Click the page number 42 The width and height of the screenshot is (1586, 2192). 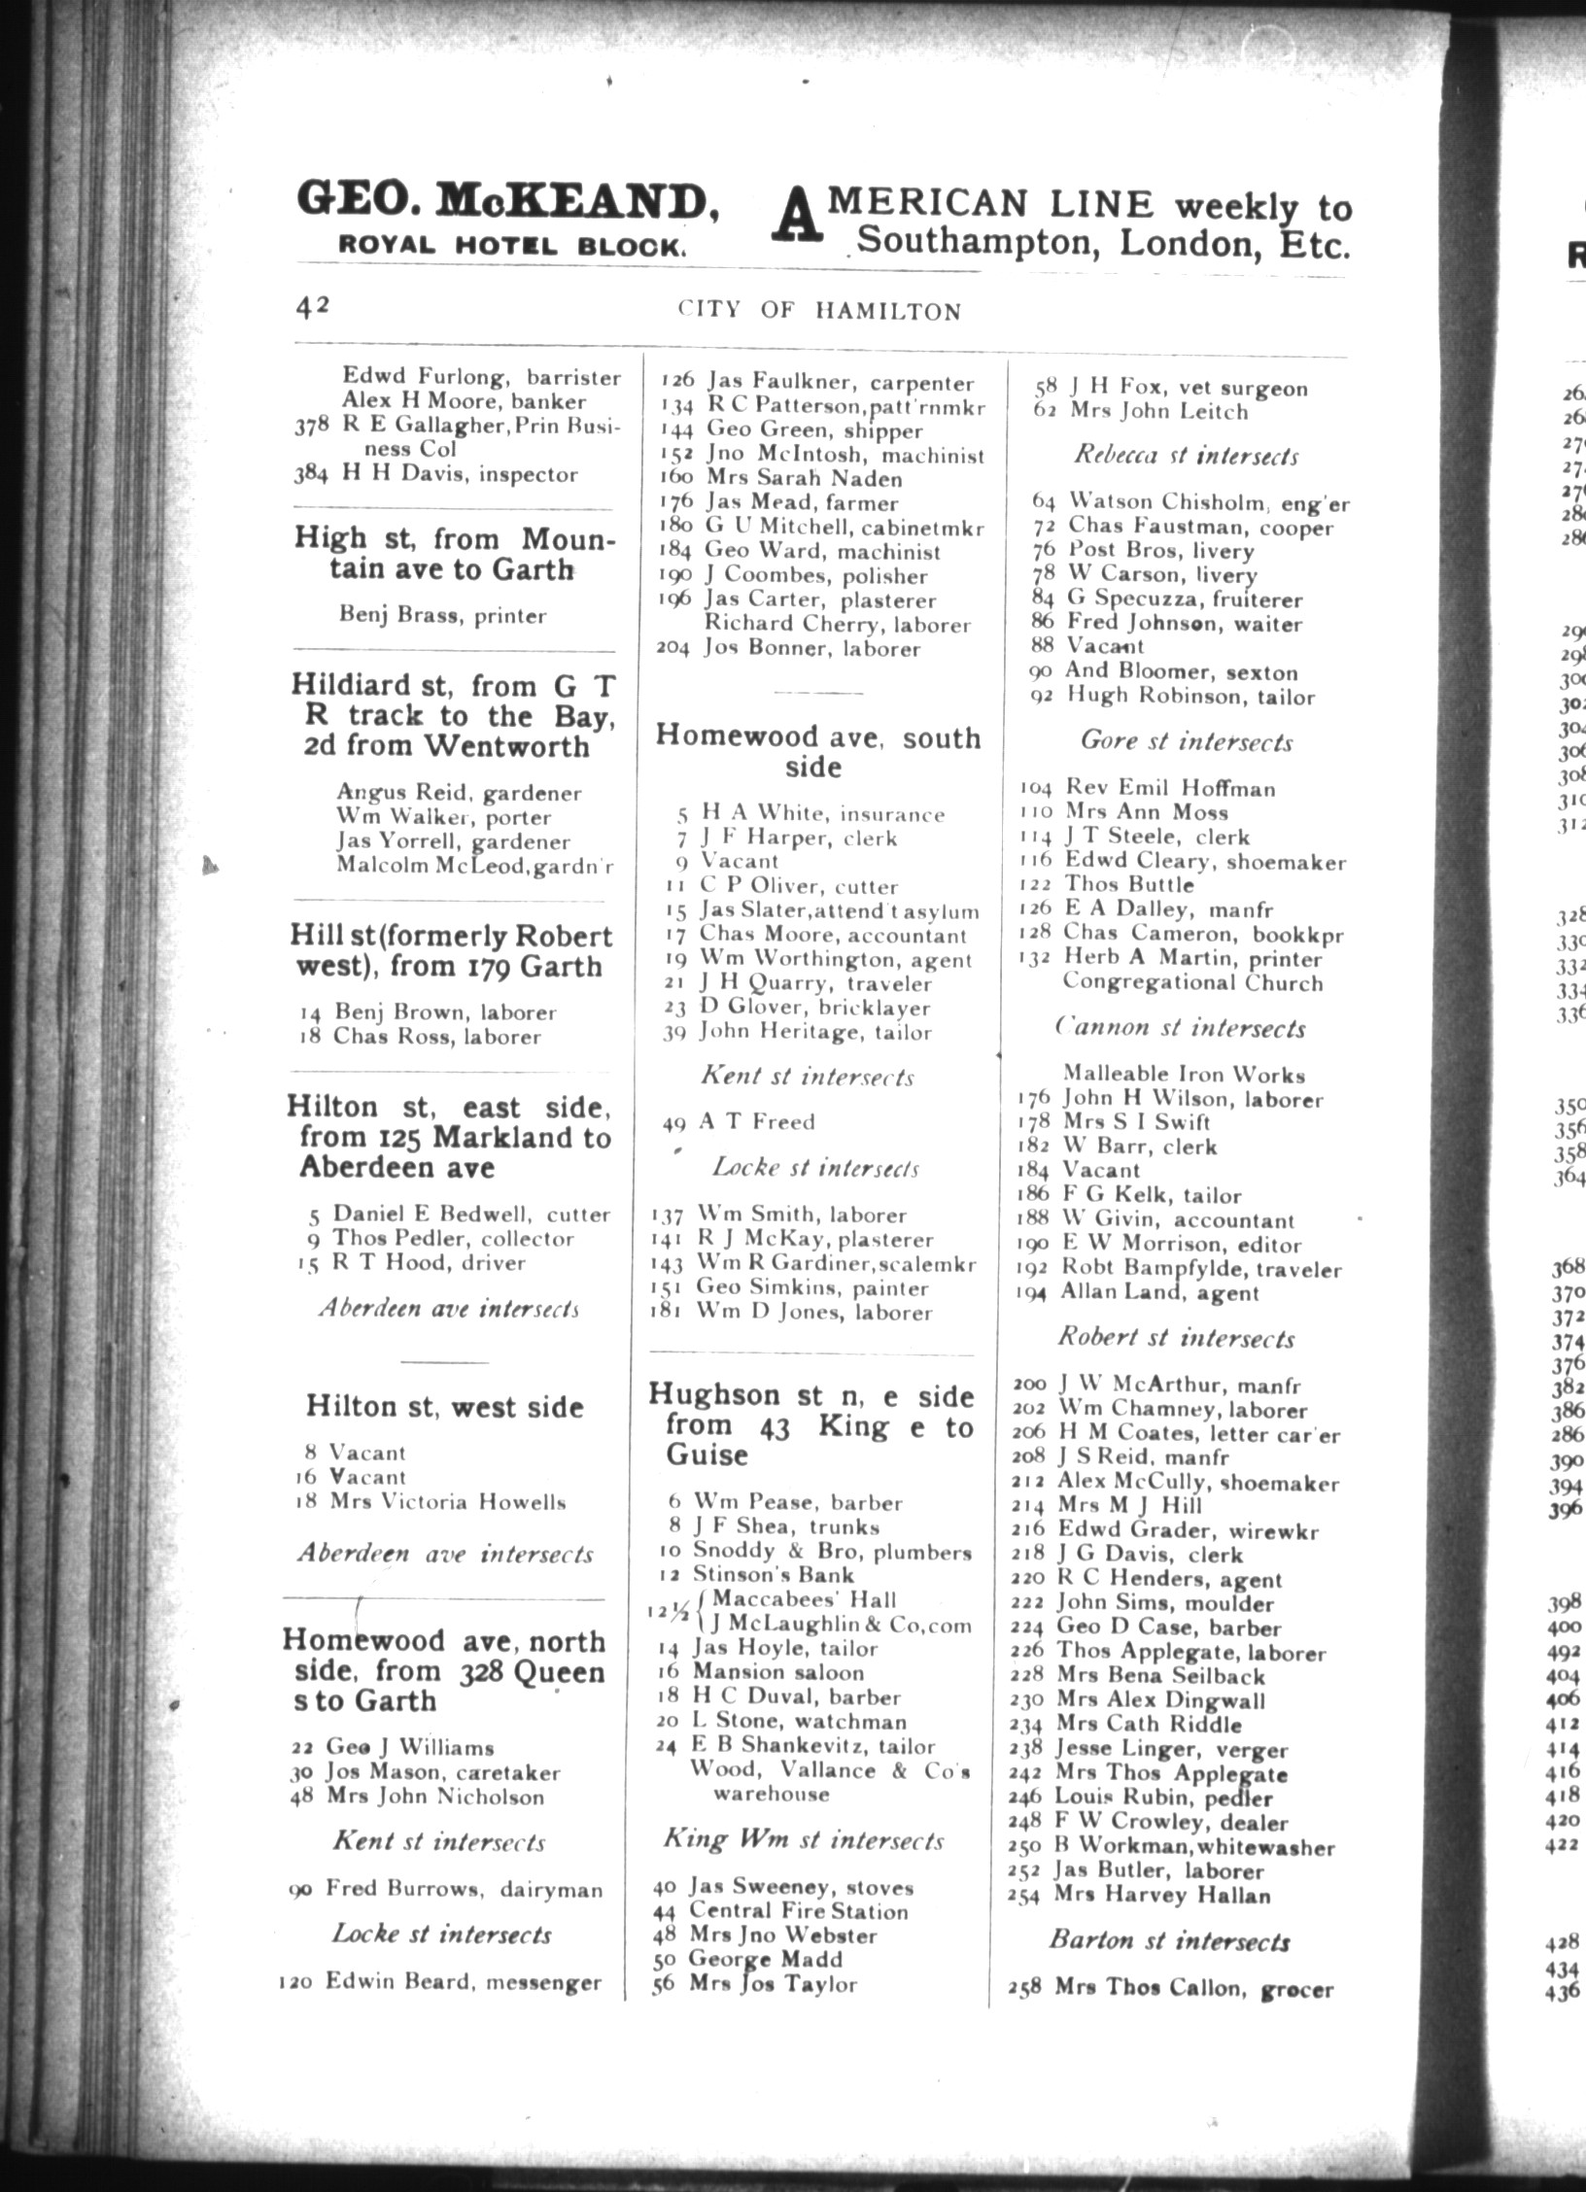click(x=314, y=305)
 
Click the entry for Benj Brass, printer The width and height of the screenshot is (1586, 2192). click(x=442, y=615)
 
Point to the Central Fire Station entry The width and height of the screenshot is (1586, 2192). click(x=798, y=1911)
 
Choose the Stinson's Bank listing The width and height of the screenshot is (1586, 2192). click(x=773, y=1574)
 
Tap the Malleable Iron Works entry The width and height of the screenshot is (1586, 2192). click(x=1183, y=1075)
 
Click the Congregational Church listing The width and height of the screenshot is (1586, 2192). click(x=1192, y=982)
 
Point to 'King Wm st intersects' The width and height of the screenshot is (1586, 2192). click(x=803, y=1840)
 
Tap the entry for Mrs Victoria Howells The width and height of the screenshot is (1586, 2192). click(x=447, y=1502)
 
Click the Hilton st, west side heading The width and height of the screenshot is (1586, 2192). click(x=444, y=1406)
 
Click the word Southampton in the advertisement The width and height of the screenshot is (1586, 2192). click(x=982, y=241)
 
